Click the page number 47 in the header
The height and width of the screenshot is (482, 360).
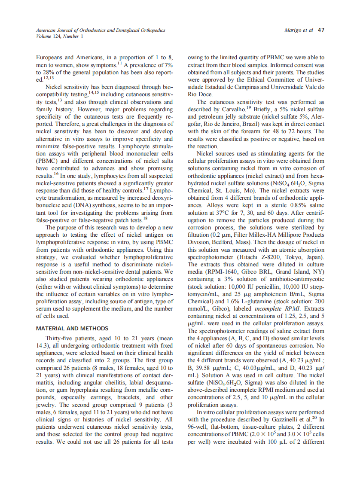tap(320, 31)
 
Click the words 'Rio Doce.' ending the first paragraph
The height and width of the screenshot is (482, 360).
tap(201, 94)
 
